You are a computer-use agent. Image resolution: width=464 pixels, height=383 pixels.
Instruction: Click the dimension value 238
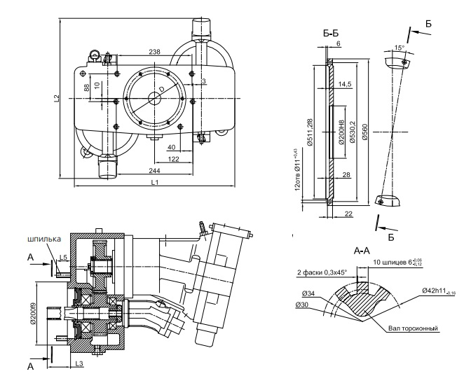155,52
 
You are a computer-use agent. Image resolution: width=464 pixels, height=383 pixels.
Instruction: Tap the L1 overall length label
154,183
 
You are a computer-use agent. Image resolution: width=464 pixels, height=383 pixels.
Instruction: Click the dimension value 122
174,160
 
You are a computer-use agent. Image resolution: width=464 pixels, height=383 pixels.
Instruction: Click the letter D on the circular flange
161,90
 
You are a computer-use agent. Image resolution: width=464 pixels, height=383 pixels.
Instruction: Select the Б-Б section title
332,33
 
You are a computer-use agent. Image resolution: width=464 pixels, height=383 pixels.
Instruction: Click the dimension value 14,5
345,84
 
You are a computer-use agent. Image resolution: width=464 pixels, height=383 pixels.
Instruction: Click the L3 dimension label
79,364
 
